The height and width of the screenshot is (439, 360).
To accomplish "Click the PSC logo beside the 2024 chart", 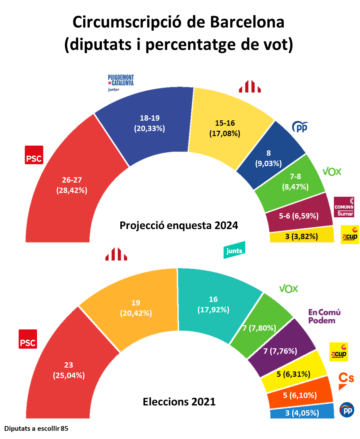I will [34, 155].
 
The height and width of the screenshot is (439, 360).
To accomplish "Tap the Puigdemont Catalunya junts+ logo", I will [121, 83].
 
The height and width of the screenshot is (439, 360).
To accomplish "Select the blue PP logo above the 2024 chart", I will [300, 127].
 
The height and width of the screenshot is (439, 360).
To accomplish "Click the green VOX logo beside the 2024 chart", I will [332, 171].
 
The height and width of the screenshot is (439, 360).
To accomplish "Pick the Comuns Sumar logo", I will [344, 207].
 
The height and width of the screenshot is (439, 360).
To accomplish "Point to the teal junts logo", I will [234, 250].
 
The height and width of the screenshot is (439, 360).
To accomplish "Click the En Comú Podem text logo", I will [324, 316].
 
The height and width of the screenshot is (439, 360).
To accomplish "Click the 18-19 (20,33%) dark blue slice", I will [149, 123].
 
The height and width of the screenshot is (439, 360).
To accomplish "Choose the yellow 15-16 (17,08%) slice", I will [225, 128].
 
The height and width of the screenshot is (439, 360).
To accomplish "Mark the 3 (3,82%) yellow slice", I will [302, 237].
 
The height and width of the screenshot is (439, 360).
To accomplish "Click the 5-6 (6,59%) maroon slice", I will [298, 216].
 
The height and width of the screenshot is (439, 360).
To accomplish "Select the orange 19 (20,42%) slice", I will [136, 308].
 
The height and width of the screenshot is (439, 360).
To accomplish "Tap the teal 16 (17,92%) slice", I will [213, 304].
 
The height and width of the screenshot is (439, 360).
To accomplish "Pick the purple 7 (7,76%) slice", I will [280, 351].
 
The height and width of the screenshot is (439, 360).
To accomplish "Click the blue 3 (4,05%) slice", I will [302, 413].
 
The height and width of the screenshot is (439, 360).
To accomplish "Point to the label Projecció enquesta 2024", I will [179, 226].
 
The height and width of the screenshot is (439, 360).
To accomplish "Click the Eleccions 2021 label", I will [179, 402].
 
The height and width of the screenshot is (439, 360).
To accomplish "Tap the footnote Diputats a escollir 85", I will [36, 429].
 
